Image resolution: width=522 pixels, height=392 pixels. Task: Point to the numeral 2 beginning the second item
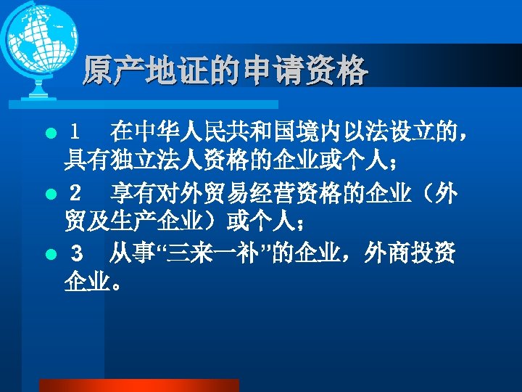point(73,195)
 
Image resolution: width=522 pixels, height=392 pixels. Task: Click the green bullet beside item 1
point(50,134)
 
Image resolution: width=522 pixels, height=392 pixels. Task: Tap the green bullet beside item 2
point(50,195)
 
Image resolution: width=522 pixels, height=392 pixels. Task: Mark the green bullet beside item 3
point(50,255)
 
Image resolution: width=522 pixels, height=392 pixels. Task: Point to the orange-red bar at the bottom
point(138,385)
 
